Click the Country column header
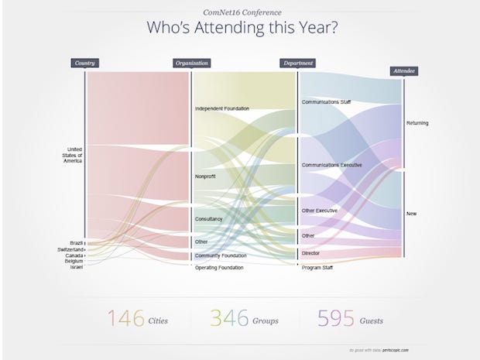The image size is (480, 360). click(x=86, y=63)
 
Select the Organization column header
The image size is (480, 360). click(x=192, y=63)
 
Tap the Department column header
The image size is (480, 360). click(x=298, y=63)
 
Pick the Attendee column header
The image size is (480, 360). click(x=403, y=70)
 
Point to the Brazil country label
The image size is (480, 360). click(x=76, y=242)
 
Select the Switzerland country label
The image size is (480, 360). click(x=70, y=249)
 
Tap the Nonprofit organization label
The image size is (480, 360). click(x=205, y=177)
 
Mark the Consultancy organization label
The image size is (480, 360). click(x=209, y=219)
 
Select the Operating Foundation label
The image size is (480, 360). click(x=219, y=267)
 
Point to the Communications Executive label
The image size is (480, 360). click(x=331, y=165)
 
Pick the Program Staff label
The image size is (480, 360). click(x=318, y=267)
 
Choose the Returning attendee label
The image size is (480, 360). click(x=417, y=123)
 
